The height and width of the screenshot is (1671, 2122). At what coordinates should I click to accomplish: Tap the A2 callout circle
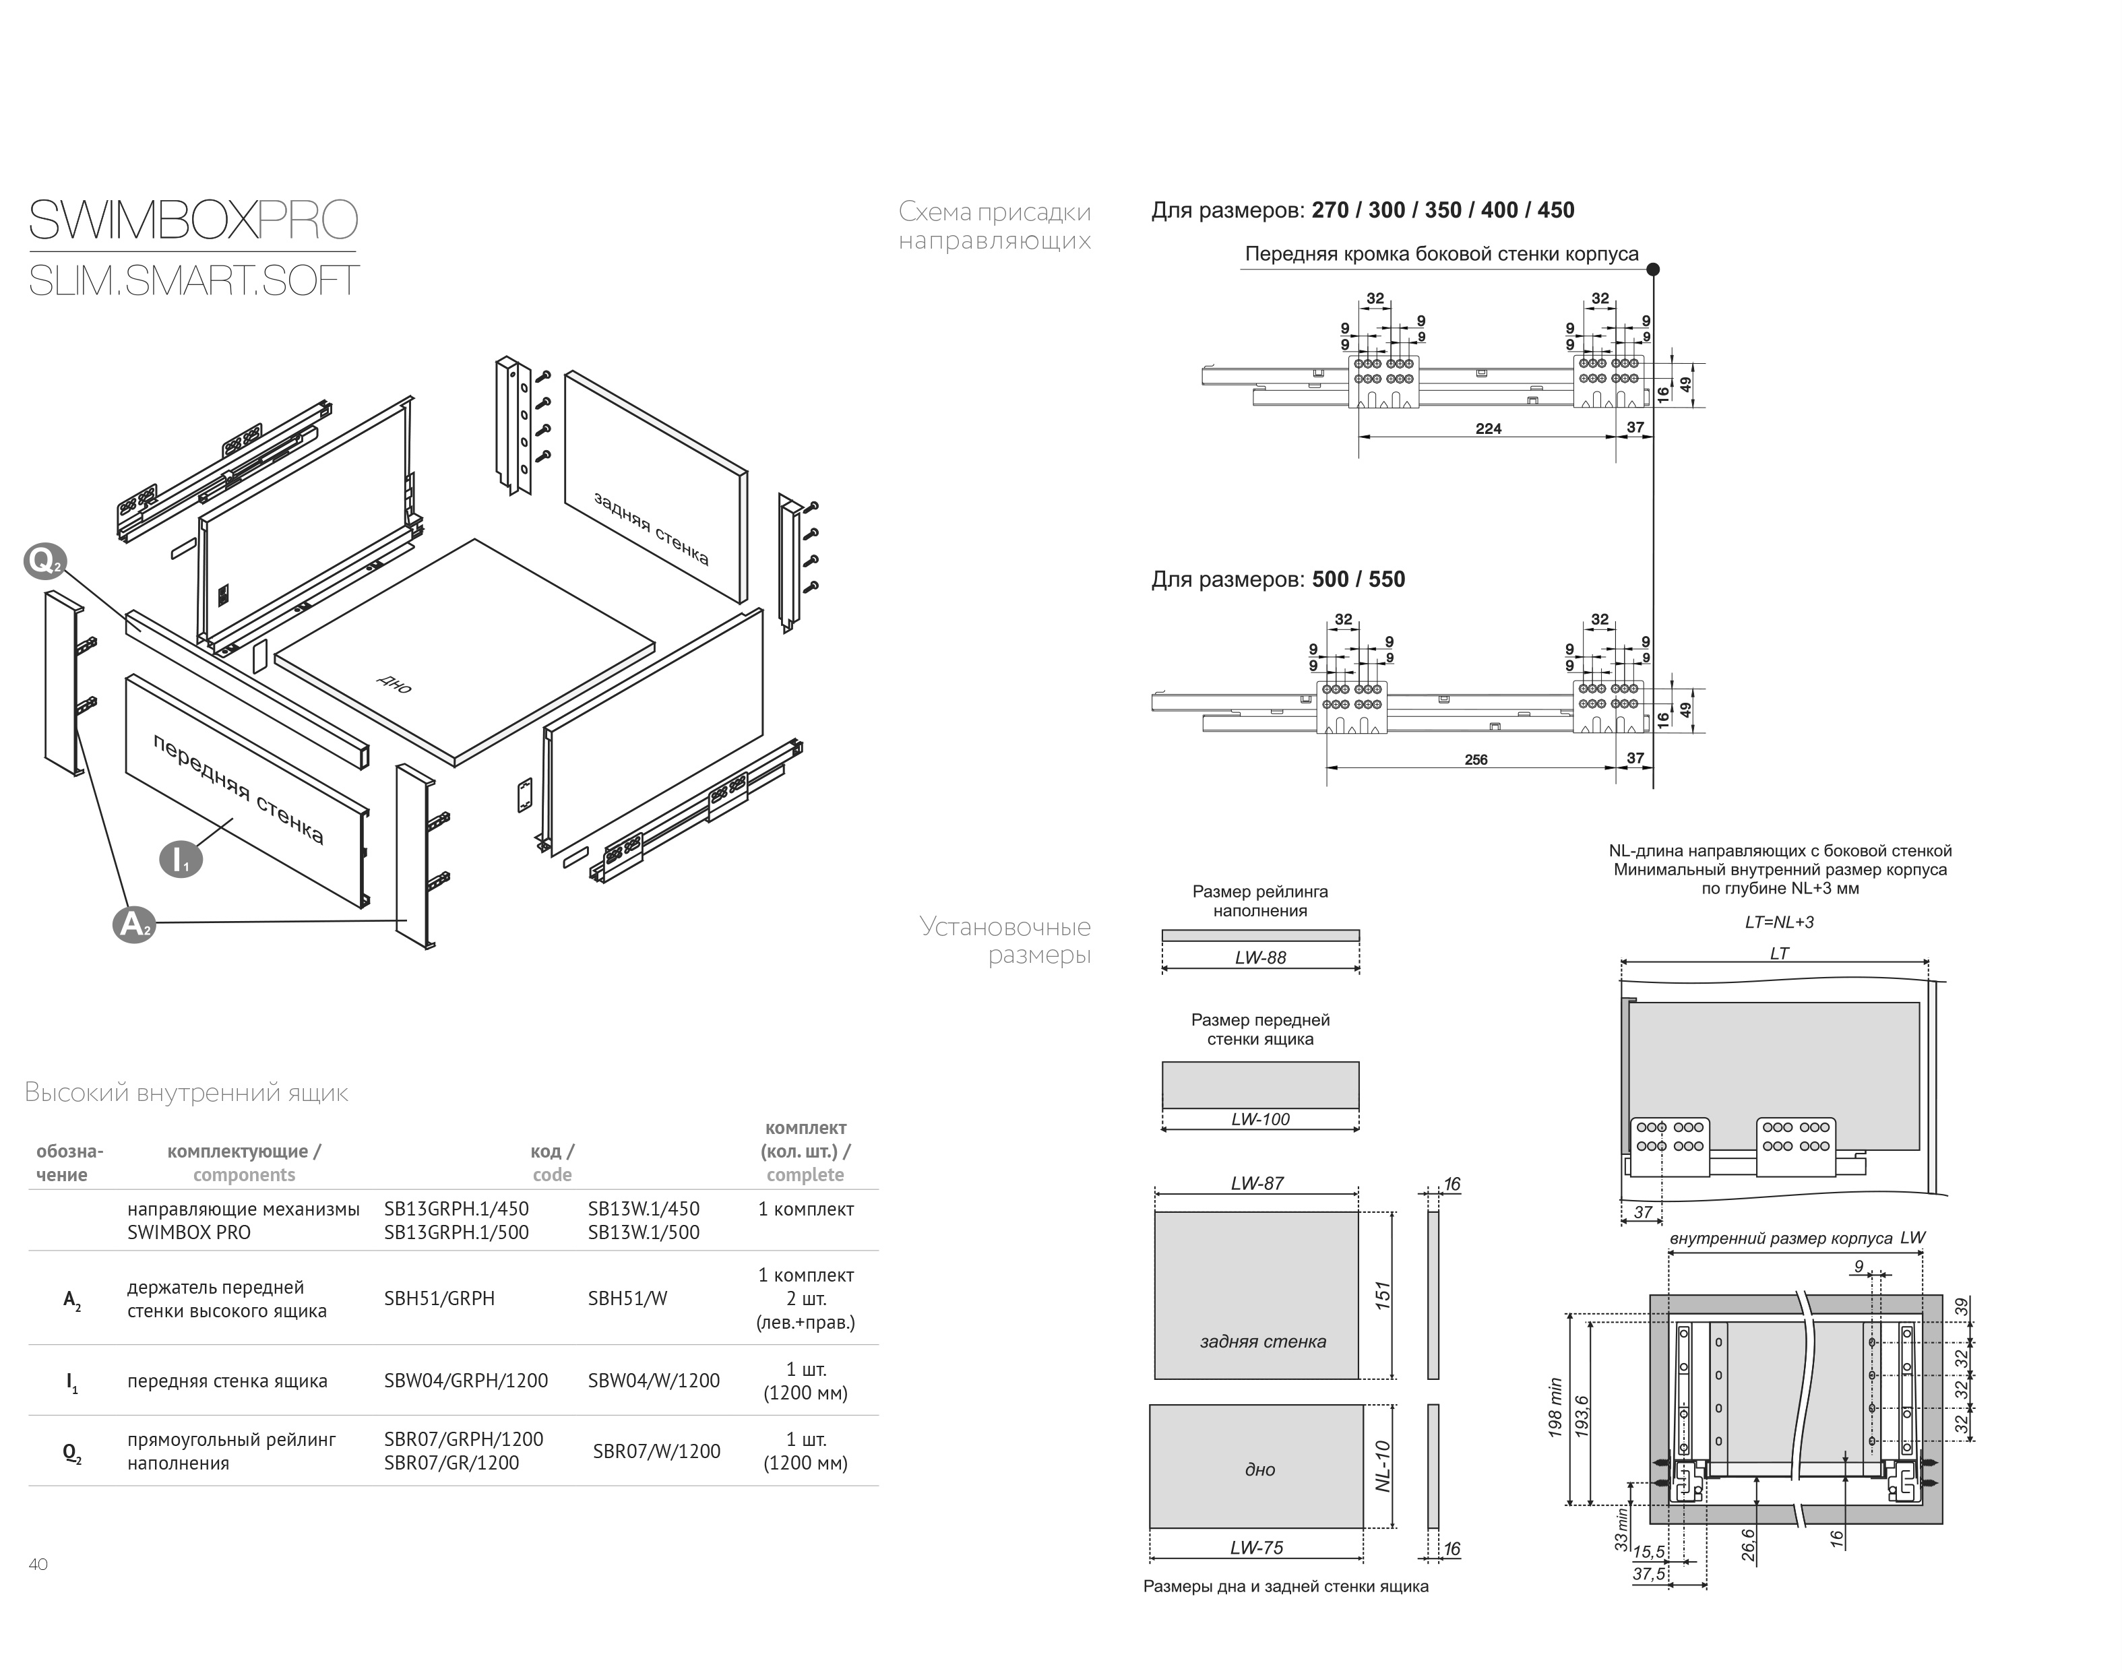(134, 924)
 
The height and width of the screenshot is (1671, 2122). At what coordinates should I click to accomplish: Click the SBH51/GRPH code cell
(439, 1298)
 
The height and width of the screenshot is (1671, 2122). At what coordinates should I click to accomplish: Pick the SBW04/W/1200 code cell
(654, 1381)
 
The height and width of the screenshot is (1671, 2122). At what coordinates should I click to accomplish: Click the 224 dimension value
(1488, 429)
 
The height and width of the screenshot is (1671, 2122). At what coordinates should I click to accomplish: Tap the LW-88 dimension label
(1260, 957)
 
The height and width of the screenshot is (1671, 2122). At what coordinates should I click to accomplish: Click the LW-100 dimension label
(1260, 1119)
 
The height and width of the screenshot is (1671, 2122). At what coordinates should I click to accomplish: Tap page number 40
(38, 1565)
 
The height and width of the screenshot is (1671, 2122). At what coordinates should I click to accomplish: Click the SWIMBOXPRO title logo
(193, 220)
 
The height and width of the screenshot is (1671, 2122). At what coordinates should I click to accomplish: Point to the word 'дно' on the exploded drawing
(394, 683)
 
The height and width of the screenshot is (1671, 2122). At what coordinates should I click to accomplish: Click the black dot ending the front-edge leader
(1652, 269)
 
